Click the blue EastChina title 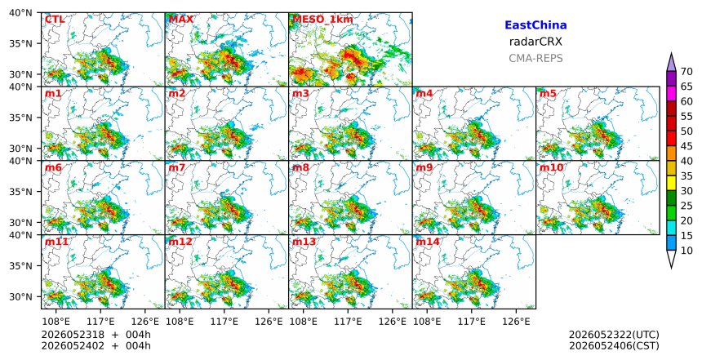535,25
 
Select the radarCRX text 535,42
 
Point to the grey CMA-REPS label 535,58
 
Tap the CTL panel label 55,20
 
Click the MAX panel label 181,20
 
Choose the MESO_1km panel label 322,20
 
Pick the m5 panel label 548,94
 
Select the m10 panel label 551,167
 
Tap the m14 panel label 428,242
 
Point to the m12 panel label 180,242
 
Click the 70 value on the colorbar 686,72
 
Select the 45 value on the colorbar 686,146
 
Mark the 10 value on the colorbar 686,251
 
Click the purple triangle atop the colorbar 671,63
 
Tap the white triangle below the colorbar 671,257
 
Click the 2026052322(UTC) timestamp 614,335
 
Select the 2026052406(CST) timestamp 614,345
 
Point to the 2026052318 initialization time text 66,335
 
